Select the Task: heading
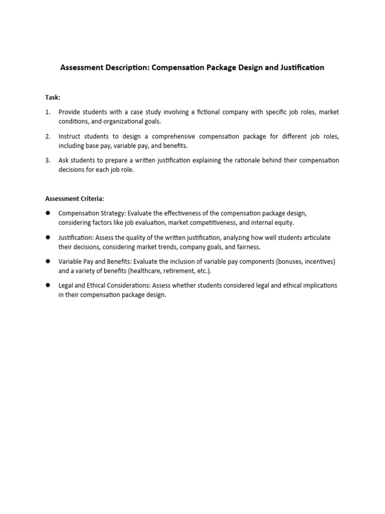click(52, 97)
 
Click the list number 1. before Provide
click(48, 112)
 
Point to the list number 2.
click(48, 136)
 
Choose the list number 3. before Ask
click(48, 160)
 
